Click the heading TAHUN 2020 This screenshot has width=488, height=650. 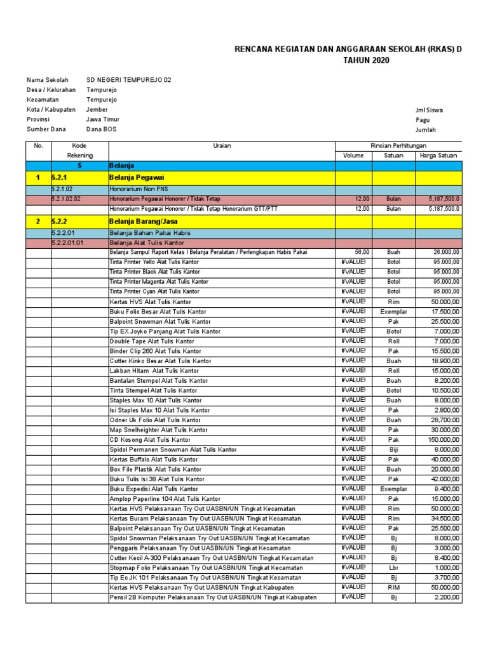(366, 60)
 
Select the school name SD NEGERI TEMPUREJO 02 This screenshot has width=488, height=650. (128, 80)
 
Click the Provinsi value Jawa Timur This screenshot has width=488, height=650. (103, 119)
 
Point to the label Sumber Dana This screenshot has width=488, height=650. (46, 129)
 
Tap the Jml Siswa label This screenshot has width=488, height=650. (429, 110)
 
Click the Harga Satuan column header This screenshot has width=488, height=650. (438, 156)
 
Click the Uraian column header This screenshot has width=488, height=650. (222, 145)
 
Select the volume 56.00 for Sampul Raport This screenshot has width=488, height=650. (362, 252)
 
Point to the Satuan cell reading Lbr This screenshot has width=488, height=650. (393, 567)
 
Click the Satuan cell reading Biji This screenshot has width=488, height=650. (393, 449)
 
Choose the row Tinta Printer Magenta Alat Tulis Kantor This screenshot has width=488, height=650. (159, 282)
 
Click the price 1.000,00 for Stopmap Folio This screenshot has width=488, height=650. (447, 567)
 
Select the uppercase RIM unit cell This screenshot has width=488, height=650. (393, 587)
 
